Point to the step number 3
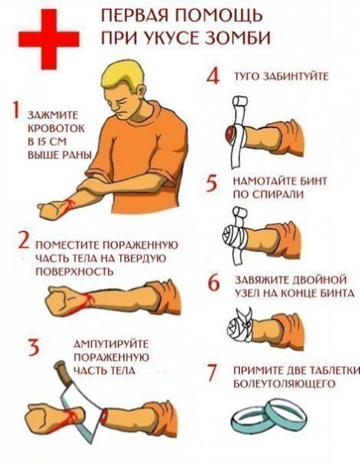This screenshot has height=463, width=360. click(33, 347)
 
